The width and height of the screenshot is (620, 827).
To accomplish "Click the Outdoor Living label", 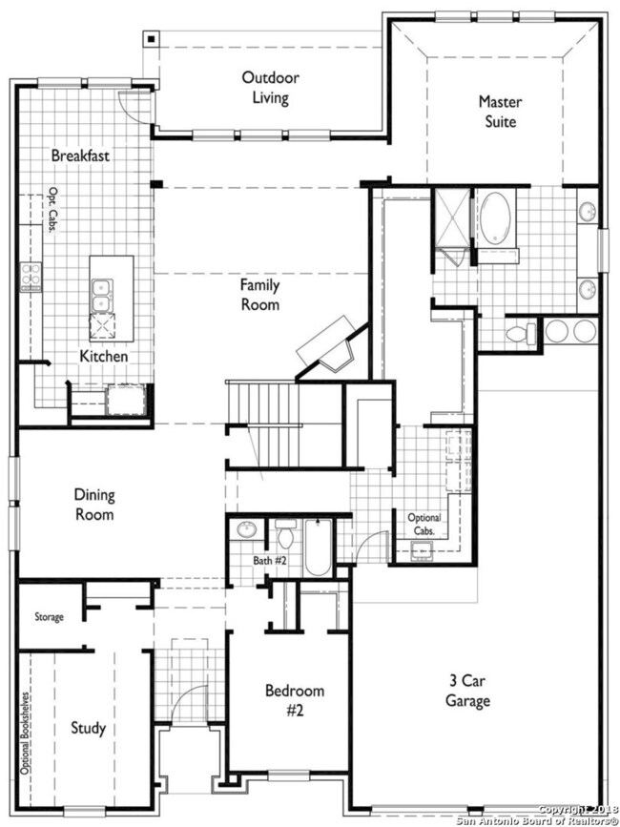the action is (271, 88).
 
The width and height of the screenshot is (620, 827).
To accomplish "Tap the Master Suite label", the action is (501, 112).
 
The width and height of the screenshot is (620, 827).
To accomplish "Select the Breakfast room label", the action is (81, 155).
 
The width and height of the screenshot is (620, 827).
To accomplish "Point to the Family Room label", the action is (259, 295).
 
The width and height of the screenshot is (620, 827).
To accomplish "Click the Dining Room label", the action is (94, 505).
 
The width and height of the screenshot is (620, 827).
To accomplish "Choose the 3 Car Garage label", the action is (467, 691).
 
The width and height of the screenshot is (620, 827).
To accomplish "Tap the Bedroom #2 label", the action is (295, 700).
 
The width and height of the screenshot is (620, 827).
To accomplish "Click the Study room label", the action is (89, 729).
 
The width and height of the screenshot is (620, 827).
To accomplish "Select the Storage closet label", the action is (49, 616).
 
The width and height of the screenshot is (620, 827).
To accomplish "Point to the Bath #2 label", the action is (269, 560).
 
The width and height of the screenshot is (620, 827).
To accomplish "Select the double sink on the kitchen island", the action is (101, 296).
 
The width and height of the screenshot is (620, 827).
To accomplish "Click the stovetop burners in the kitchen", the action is (31, 277).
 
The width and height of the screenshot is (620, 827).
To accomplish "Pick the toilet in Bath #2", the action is (286, 534).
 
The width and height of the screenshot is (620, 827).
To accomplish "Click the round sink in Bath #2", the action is (246, 529).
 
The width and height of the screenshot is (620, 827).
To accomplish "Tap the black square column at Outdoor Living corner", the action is (152, 39).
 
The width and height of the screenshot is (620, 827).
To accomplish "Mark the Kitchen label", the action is (104, 357).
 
